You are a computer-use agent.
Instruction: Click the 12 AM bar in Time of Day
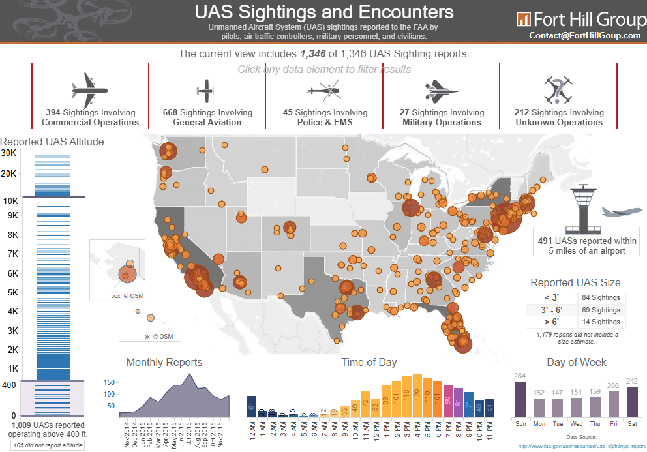252,406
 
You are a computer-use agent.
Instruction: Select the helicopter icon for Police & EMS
323,91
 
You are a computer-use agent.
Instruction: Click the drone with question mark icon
558,90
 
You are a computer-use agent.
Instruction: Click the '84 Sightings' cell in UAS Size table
601,297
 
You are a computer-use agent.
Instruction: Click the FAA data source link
580,447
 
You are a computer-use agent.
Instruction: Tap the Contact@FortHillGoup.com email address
585,36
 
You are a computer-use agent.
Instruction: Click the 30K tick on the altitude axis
8,153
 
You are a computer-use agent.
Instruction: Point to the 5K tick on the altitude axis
12,292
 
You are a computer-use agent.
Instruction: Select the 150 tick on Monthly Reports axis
110,382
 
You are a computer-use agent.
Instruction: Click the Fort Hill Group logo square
523,18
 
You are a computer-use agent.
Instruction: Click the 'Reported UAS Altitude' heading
52,142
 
